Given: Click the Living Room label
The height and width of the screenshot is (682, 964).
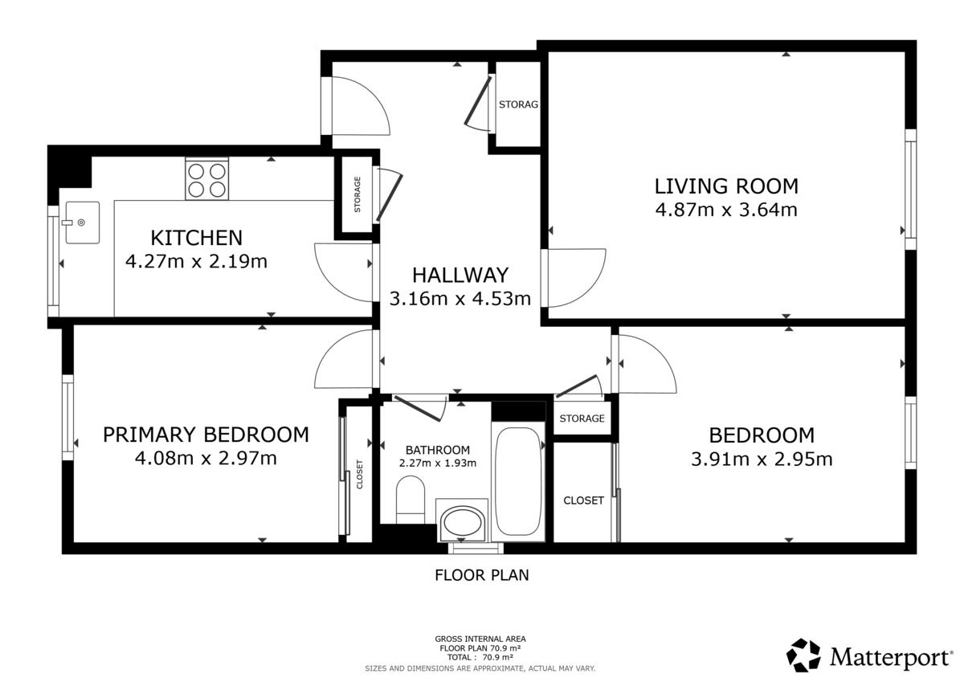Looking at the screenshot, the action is pos(726,186).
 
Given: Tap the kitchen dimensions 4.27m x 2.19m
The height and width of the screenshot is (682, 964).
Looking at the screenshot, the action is pos(196,261).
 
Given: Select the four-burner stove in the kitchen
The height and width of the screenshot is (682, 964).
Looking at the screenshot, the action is pos(206,178).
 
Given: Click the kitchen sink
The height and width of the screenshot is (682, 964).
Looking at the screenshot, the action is pos(82,223).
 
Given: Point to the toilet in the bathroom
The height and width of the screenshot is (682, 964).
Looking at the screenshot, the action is pos(411,500).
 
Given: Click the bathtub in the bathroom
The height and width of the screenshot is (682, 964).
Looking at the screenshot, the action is pos(517,481).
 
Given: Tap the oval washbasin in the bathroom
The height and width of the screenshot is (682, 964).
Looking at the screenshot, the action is pos(462,522).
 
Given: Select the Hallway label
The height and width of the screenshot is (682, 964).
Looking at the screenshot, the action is pos(460,276).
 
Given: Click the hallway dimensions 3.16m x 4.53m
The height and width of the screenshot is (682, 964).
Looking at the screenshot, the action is pos(460,299).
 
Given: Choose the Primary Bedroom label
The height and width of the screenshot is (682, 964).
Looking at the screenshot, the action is pos(206,435).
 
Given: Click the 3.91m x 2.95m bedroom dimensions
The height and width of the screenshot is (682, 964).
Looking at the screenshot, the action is pos(762,459).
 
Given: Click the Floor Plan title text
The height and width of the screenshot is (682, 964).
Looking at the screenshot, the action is pos(481,575).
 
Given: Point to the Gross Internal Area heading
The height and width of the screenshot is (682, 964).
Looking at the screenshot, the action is pos(480,639).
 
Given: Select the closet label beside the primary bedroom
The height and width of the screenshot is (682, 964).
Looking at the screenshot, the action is pos(360,474).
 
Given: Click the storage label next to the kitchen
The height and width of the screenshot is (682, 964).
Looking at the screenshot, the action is pos(357,194).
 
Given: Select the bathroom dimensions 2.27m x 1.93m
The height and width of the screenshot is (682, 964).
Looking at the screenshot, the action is pos(438,463).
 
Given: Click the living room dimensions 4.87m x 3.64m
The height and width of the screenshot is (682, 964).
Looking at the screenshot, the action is pos(726,210).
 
